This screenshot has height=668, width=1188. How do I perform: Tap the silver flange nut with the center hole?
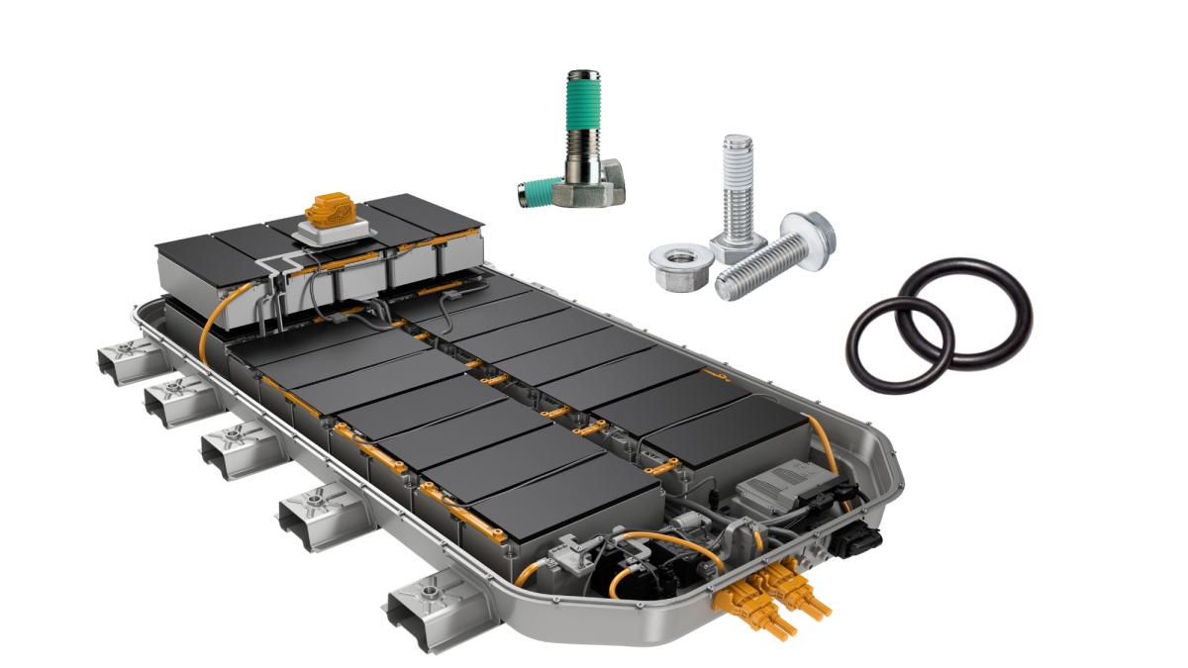click(680, 264)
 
